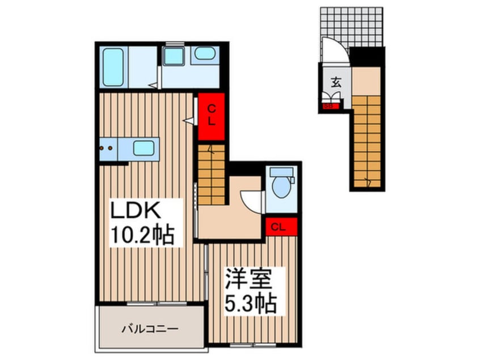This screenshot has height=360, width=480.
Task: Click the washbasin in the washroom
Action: point(203,55)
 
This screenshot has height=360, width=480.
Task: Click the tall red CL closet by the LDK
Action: point(210,115)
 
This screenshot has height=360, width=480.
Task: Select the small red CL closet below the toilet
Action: point(280,226)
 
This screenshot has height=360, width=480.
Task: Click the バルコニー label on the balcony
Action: point(150,328)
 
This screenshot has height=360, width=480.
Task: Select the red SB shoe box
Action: point(327,105)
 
